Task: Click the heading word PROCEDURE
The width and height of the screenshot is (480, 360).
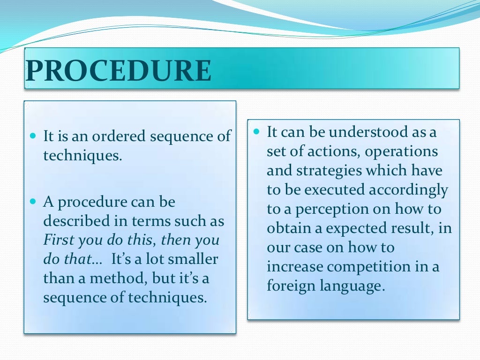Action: (x=118, y=71)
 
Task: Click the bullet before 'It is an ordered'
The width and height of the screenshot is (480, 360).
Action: (x=32, y=136)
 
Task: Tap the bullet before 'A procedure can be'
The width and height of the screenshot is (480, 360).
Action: (x=32, y=202)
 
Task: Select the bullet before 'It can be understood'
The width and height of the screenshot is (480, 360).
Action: (x=256, y=132)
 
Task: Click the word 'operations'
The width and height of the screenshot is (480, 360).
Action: (x=401, y=152)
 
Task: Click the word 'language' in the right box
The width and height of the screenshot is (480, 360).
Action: (x=347, y=286)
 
